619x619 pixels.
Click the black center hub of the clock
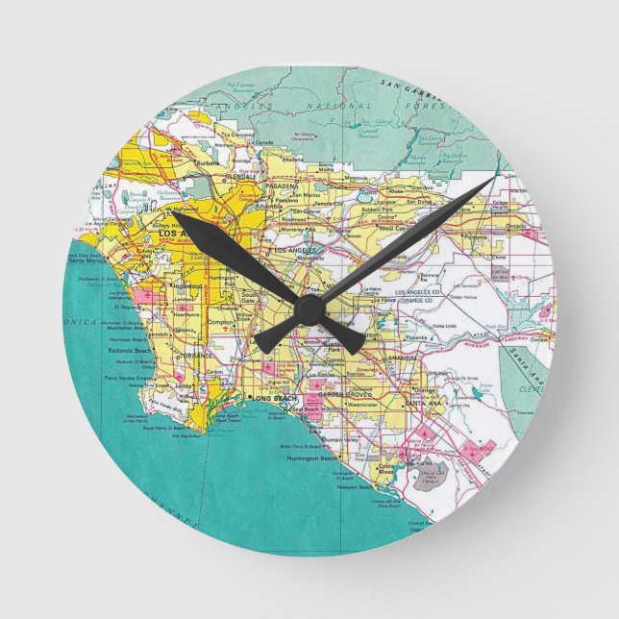309,309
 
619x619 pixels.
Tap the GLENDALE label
240,177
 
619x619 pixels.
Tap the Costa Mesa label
384,466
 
